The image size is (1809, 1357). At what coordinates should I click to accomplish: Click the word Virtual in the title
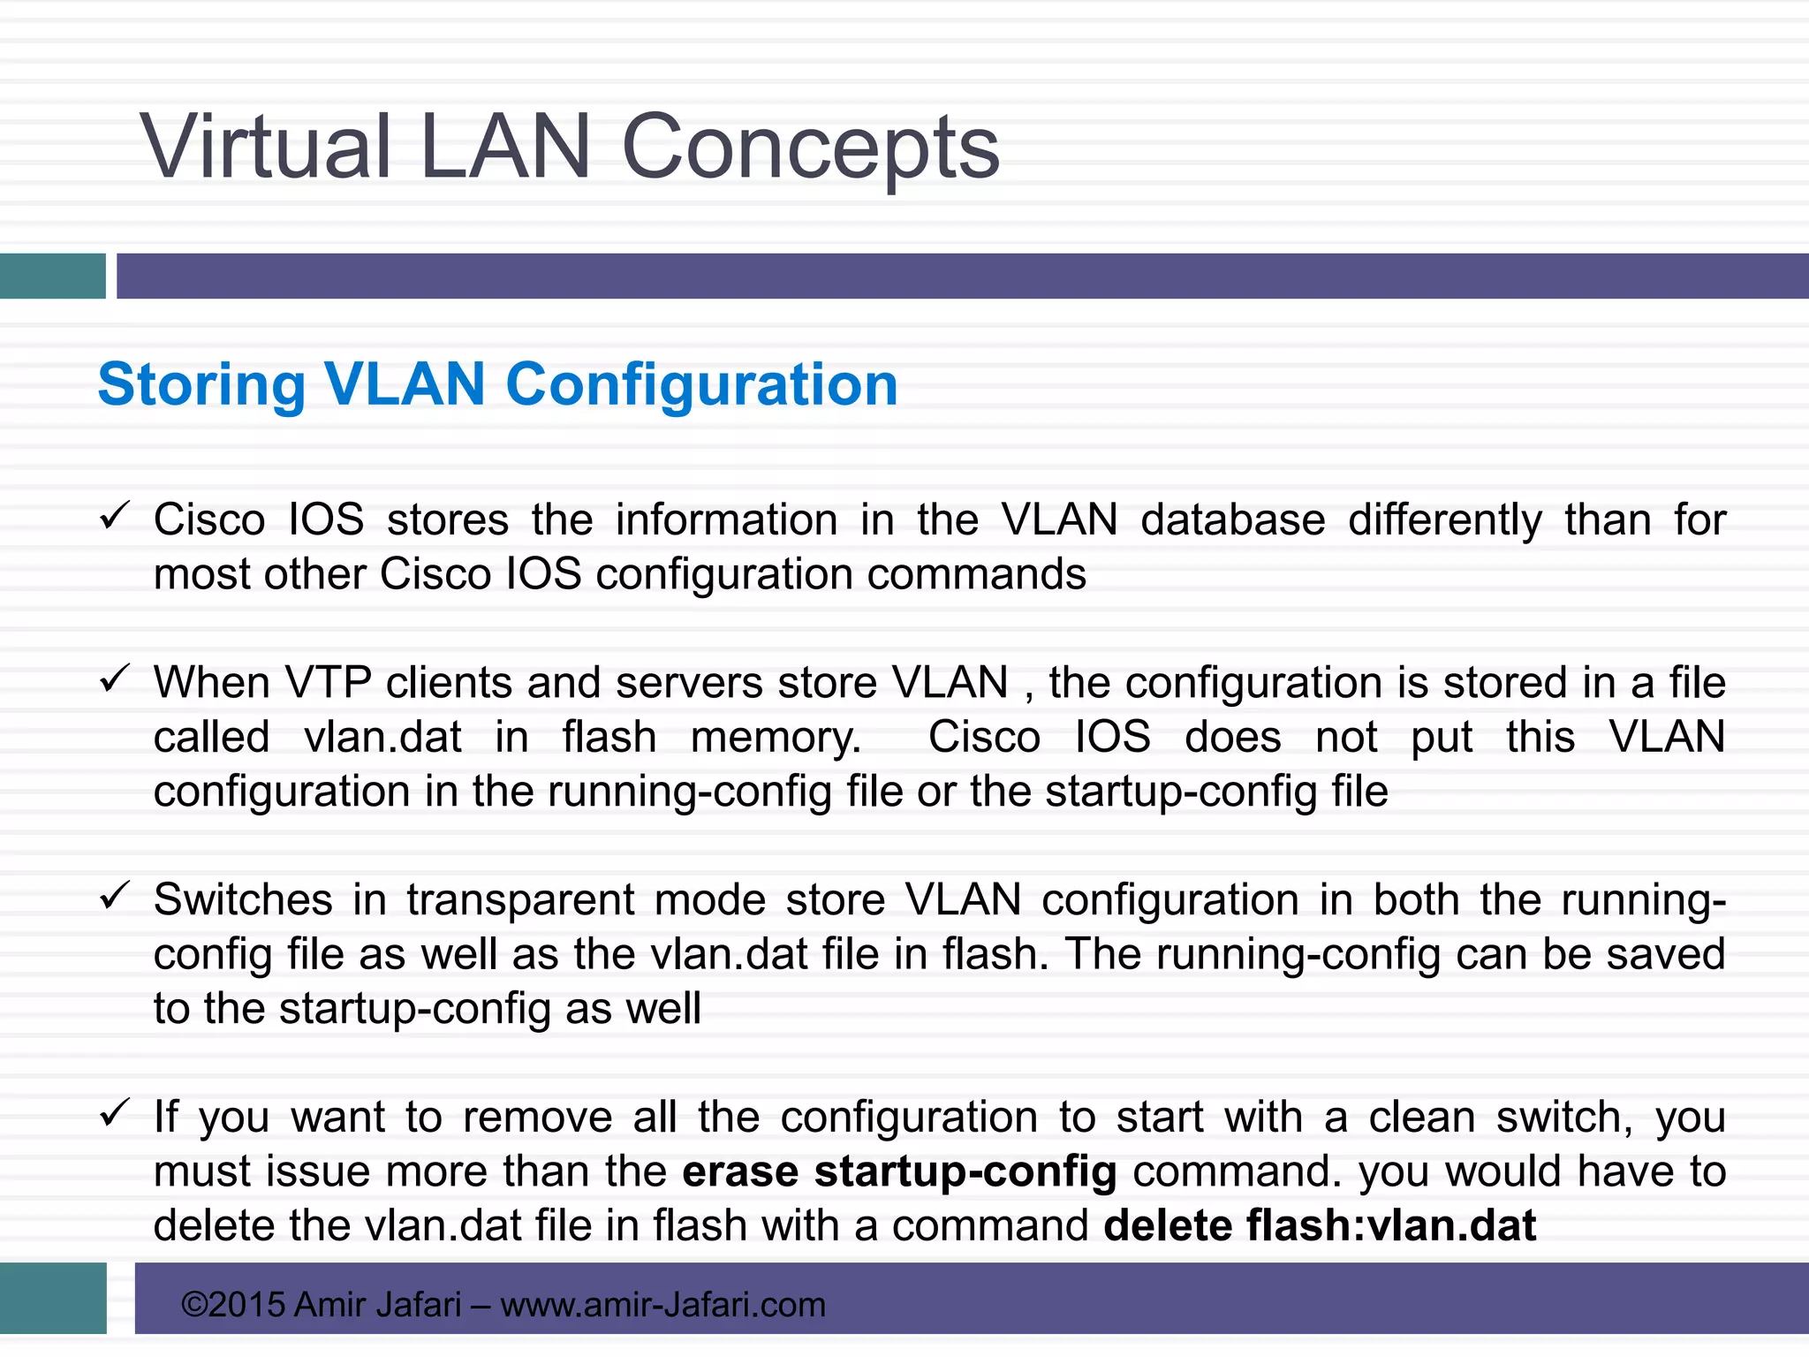(265, 148)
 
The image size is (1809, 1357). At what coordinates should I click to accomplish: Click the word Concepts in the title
(810, 148)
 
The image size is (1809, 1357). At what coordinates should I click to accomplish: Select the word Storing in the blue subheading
(201, 385)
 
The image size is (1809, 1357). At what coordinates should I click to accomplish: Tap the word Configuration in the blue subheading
(701, 385)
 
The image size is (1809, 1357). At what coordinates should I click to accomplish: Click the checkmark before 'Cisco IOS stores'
(115, 515)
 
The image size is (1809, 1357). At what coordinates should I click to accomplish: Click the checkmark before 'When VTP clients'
(115, 678)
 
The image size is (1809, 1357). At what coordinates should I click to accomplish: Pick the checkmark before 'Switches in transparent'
(115, 896)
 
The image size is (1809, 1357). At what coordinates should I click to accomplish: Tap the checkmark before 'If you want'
(115, 1112)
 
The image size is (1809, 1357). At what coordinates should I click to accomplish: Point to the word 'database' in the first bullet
(1233, 519)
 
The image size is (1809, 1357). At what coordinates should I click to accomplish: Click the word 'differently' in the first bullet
(1445, 519)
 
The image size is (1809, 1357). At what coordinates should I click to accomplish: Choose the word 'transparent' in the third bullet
(520, 900)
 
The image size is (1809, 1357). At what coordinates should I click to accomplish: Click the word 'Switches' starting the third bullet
(243, 900)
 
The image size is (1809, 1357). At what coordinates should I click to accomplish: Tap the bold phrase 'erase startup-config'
(899, 1171)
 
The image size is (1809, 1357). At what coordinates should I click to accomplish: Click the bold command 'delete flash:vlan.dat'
(1320, 1226)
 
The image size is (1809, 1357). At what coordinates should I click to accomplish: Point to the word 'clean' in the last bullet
(1422, 1118)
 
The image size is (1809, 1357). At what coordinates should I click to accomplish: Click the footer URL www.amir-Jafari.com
(662, 1305)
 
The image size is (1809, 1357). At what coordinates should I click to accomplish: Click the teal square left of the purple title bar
(52, 276)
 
